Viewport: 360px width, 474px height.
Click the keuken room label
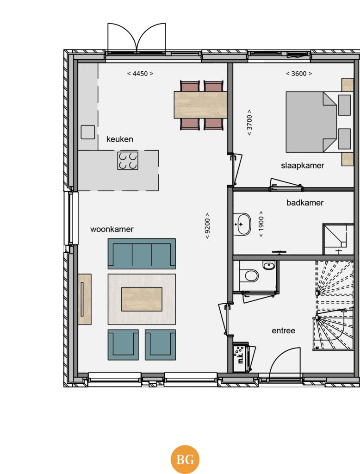[x=120, y=139]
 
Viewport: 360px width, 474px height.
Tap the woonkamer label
[x=112, y=229]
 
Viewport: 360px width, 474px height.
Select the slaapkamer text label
[x=303, y=166]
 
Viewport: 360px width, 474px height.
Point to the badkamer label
[x=305, y=203]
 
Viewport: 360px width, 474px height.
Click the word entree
[x=284, y=331]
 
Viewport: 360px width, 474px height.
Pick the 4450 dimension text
[x=140, y=74]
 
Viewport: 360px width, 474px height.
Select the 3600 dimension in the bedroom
[x=299, y=74]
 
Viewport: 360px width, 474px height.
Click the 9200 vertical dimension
[x=207, y=226]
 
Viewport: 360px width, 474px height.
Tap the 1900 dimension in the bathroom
[x=261, y=224]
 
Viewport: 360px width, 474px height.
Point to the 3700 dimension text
[x=249, y=122]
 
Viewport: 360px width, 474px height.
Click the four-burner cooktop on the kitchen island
[x=128, y=161]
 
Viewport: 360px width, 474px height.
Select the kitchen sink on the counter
[x=88, y=132]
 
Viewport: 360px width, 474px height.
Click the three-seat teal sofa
[x=142, y=254]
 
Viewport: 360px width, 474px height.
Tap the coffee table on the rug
[x=142, y=299]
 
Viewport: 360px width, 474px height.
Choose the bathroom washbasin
[x=242, y=225]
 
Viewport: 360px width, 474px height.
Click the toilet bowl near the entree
[x=251, y=276]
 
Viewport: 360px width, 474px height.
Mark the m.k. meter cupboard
[x=241, y=357]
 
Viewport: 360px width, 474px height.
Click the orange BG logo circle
[x=185, y=460]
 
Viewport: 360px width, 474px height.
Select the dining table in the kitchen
[x=200, y=105]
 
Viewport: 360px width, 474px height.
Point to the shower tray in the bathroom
[x=338, y=239]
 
